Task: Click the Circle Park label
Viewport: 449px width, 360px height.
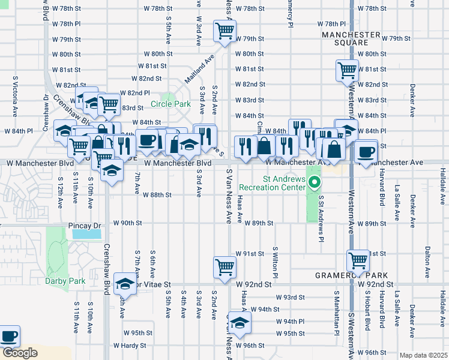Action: [x=170, y=104]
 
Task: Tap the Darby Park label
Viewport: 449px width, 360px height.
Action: [x=65, y=281]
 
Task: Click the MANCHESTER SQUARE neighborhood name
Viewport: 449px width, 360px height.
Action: [x=351, y=39]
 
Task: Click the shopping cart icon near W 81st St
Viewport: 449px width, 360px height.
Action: [x=347, y=71]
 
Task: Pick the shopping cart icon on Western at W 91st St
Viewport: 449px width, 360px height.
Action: [x=358, y=260]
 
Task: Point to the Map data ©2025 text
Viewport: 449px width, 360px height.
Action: [x=424, y=355]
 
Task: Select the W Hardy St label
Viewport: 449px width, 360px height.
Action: [x=130, y=346]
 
